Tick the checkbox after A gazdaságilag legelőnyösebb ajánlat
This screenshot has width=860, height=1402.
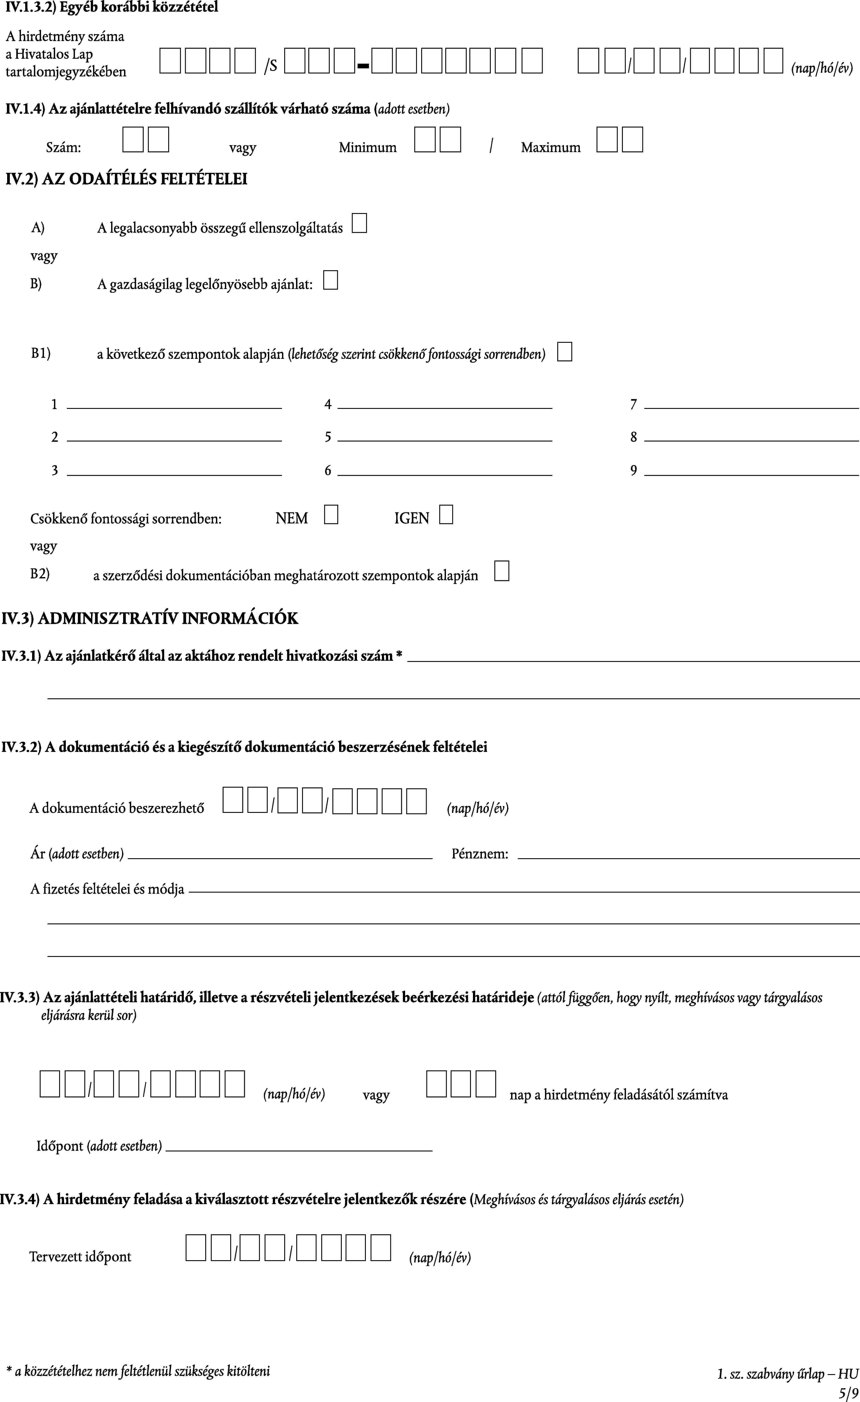[330, 280]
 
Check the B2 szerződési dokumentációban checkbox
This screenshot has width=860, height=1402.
[502, 571]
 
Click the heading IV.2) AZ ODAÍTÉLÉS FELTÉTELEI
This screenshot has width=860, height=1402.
[126, 179]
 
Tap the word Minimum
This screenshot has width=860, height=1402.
[367, 147]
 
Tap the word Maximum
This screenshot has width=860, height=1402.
[551, 147]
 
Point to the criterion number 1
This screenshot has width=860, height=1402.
[55, 405]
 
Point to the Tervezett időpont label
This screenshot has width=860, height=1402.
[80, 1257]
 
